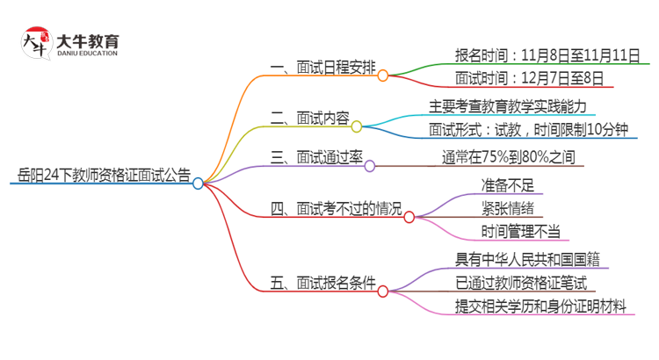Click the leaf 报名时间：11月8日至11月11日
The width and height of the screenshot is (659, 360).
(547, 55)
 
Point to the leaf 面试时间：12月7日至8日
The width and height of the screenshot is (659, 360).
(530, 79)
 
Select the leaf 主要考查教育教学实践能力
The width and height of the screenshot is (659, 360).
(511, 106)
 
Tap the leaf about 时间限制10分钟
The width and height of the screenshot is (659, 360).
(529, 130)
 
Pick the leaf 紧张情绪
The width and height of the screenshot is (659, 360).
(507, 209)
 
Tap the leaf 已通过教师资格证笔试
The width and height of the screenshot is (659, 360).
(520, 283)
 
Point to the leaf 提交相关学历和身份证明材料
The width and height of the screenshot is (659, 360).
(540, 306)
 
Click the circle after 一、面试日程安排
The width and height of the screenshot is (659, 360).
(383, 76)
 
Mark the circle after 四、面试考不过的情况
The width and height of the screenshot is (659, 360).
(409, 217)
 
